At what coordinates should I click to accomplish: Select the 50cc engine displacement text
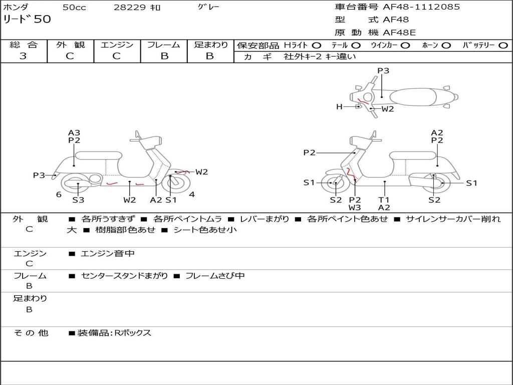(x=74, y=8)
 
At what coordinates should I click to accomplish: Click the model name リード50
(x=27, y=20)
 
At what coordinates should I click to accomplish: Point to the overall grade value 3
(x=23, y=56)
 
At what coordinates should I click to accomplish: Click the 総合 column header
(x=24, y=45)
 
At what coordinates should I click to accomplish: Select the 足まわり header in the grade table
(x=211, y=45)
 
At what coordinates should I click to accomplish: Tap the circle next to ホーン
(x=446, y=45)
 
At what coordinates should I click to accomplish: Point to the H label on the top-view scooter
(x=339, y=106)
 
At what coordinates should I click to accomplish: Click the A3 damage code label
(x=74, y=133)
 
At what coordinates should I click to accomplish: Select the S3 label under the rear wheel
(x=78, y=200)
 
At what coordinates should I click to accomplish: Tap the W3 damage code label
(x=355, y=208)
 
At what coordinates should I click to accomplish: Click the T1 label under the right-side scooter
(x=384, y=200)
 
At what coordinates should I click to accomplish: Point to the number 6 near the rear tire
(x=59, y=195)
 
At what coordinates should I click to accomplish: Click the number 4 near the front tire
(x=192, y=195)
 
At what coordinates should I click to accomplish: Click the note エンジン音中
(x=107, y=254)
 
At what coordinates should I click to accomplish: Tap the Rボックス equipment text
(x=132, y=333)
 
